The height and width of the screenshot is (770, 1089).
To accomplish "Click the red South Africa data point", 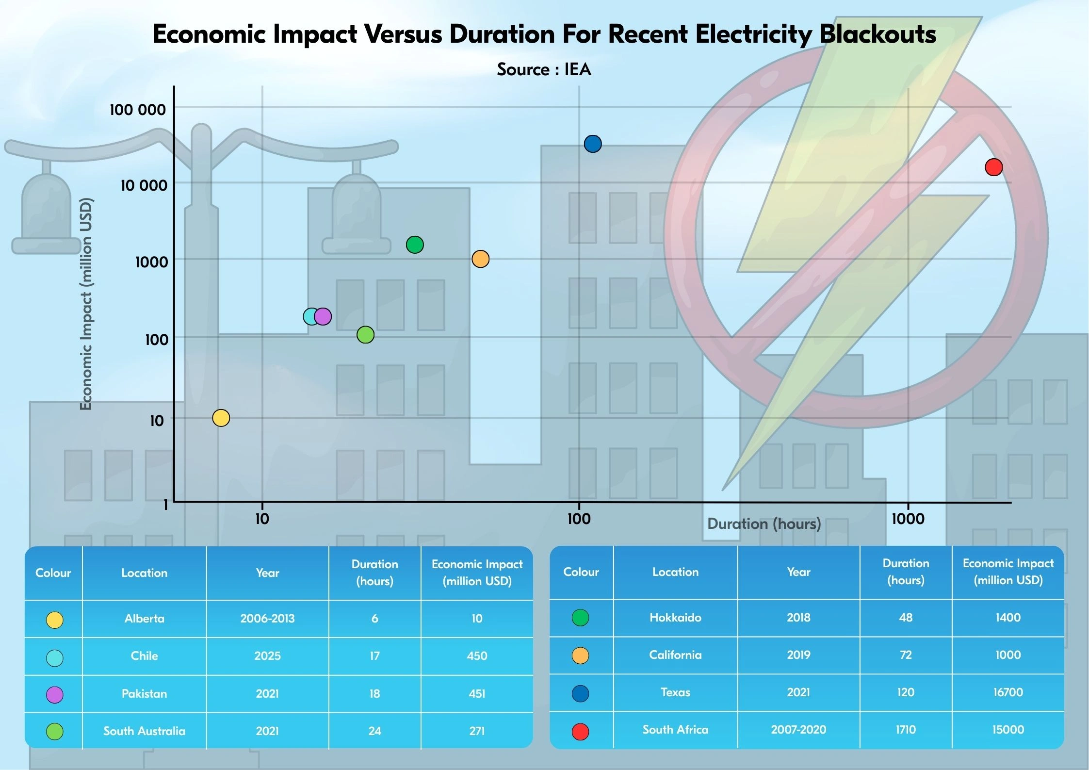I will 993,167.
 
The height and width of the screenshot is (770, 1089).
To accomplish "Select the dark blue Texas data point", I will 593,144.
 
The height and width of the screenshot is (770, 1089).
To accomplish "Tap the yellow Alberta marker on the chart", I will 221,418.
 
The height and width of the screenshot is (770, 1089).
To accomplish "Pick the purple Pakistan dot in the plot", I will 323,316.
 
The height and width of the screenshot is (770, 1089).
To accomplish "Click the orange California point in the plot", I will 480,259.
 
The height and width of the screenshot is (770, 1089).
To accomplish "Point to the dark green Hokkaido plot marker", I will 415,245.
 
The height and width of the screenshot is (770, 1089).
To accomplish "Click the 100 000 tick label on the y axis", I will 138,110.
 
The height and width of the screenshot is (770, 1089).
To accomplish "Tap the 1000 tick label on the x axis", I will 908,519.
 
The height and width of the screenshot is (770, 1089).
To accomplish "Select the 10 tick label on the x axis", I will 262,519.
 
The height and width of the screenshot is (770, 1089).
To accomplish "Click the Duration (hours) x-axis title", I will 764,524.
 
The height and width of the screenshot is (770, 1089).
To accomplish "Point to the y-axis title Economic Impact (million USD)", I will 85,304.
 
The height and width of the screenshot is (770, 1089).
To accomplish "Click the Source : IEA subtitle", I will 544,69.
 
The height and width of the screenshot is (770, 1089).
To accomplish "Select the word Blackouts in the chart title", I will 878,34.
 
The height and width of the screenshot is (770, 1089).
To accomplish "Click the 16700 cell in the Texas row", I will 1008,692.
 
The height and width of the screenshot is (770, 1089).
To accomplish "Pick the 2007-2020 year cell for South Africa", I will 798,730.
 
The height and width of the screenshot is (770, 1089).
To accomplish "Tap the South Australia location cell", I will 144,731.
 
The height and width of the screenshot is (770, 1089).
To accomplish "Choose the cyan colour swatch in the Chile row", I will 54,658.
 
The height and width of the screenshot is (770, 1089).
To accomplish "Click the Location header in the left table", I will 144,573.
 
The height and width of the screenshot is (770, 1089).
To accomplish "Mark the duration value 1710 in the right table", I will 905,730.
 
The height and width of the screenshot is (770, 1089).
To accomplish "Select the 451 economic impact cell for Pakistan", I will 477,694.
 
